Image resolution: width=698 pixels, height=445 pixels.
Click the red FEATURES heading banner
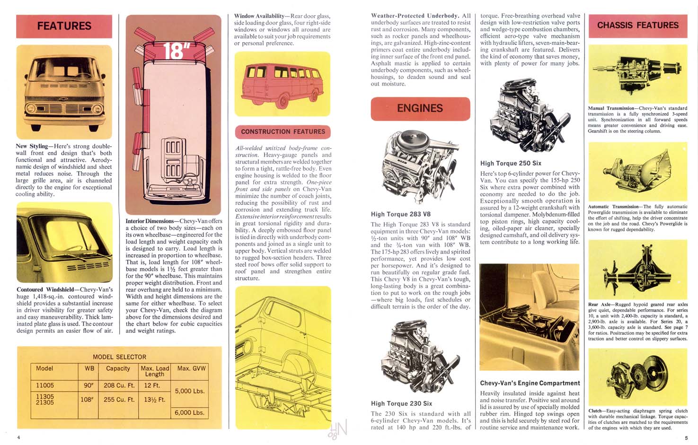pos(64,26)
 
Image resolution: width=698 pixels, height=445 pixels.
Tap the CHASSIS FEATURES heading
pos(637,26)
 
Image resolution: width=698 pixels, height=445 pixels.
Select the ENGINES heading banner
pos(420,108)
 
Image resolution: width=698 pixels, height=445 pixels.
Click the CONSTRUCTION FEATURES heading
pos(283,132)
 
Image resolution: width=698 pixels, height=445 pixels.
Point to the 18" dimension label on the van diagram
pos(173,51)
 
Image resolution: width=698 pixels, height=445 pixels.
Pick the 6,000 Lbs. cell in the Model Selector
pos(189,412)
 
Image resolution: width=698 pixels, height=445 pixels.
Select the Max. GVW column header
pos(191,368)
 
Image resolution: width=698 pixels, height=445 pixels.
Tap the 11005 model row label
pos(45,385)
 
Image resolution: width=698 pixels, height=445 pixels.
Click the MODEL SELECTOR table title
pos(119,357)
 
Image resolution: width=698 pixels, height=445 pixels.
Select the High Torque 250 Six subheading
pos(511,163)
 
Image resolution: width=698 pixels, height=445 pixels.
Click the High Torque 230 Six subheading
pos(401,403)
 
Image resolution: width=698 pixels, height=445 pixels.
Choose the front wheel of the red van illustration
pos(284,100)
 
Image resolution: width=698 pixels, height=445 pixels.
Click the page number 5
pos(686,438)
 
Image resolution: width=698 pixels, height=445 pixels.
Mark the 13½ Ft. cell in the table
pos(155,400)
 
